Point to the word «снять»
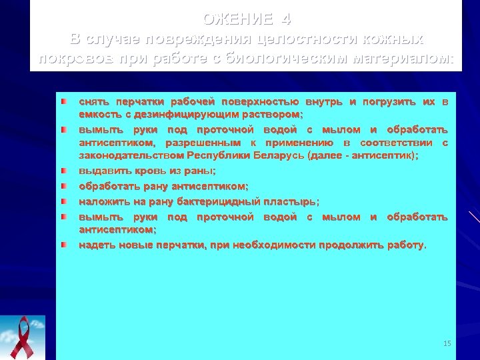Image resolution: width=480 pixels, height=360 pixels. (x=94, y=102)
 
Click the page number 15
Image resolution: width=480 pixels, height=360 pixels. (x=447, y=343)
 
